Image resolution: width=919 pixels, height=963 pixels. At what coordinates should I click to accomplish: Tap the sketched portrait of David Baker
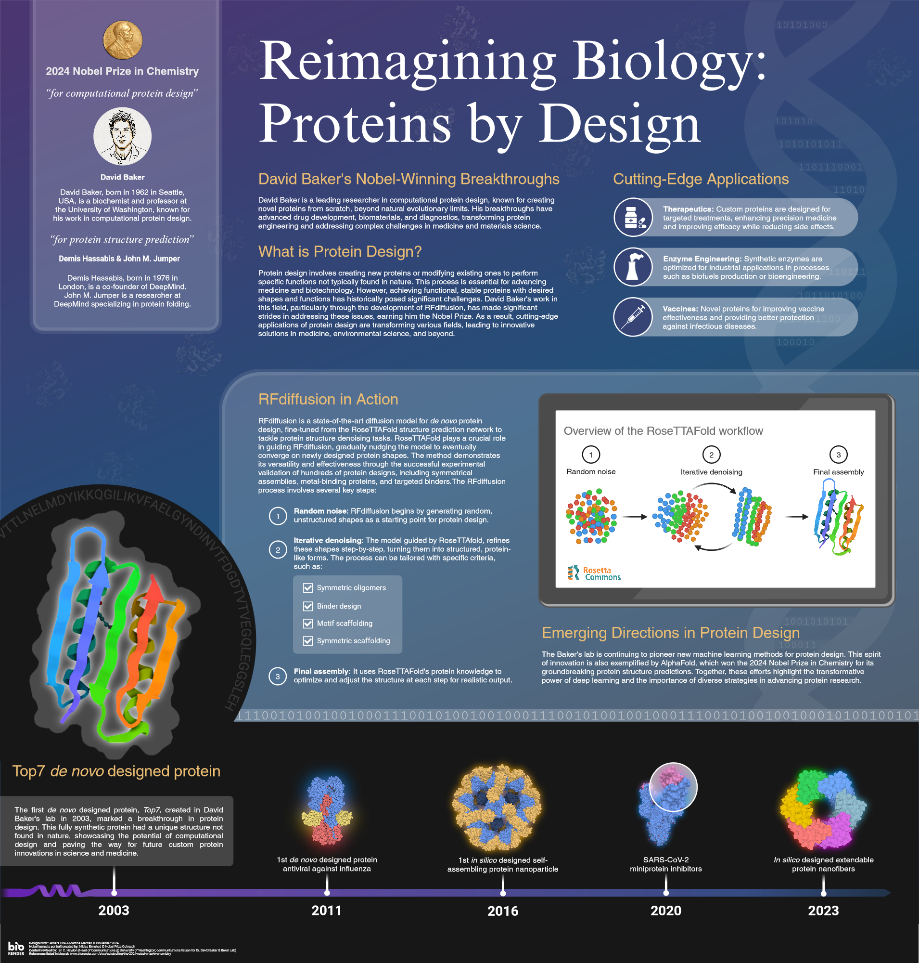pos(123,136)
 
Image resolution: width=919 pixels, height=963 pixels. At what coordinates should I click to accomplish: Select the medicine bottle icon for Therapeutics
pos(633,217)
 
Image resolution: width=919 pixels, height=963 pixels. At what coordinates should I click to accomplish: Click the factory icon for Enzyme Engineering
pos(633,267)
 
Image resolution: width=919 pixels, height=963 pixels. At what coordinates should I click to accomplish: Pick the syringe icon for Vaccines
pos(633,317)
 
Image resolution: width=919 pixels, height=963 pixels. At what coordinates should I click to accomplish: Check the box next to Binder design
pos(307,606)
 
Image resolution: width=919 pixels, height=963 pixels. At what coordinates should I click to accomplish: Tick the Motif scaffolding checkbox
pos(307,623)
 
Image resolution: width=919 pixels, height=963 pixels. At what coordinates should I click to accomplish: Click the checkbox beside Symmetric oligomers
pos(307,587)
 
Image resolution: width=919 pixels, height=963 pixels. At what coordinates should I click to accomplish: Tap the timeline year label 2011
pos(327,911)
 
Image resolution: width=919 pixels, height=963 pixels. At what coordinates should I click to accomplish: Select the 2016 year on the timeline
pos(503,911)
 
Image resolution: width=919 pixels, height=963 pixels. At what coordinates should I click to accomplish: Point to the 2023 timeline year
pos(823,911)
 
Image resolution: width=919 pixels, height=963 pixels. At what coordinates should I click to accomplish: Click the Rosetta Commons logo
pos(594,573)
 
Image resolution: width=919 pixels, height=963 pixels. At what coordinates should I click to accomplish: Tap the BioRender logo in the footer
pos(16,948)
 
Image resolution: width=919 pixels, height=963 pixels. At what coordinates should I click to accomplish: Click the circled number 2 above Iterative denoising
pos(711,455)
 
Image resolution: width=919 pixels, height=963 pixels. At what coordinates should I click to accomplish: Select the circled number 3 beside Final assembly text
pos(277,677)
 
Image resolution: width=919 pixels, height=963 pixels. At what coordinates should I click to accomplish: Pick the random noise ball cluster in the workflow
pos(591,516)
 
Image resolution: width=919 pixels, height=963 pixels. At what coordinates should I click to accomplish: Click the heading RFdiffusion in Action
pos(328,399)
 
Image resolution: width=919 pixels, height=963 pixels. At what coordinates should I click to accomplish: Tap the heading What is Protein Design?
pos(340,251)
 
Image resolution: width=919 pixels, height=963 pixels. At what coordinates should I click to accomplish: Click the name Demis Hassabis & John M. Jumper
pos(119,259)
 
